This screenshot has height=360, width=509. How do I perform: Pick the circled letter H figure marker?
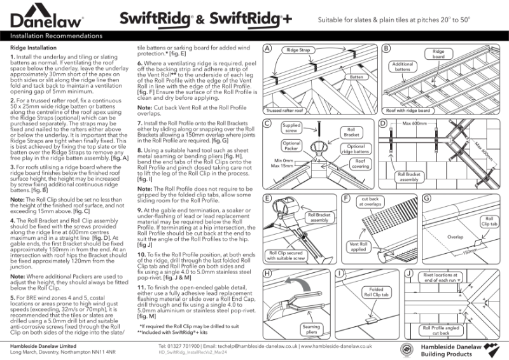[x=268, y=273]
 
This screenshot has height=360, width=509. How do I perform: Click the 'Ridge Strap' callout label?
[x=300, y=50]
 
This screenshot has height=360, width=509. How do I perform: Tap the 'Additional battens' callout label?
[x=402, y=68]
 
